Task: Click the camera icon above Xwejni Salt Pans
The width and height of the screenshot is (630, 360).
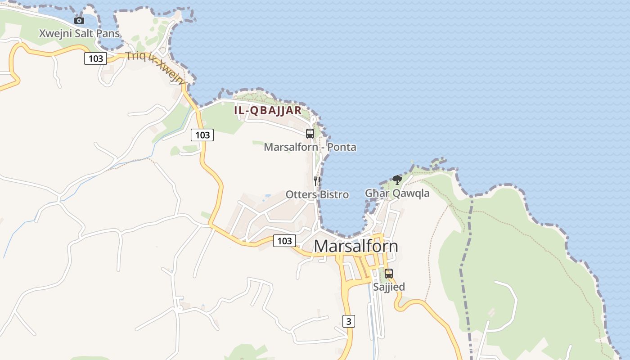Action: pos(79,20)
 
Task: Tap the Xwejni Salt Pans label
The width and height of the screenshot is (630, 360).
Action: pos(79,33)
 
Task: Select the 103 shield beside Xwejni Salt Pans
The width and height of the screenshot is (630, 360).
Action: pos(95,58)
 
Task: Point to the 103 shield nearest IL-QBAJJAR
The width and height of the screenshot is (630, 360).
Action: pos(202,135)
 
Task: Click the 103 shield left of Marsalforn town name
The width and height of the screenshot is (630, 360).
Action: pos(284,241)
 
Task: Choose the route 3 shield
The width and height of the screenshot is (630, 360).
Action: pos(348,321)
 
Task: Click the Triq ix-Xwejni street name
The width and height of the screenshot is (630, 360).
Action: pos(156,67)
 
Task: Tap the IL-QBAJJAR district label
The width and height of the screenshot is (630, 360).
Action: pos(268,111)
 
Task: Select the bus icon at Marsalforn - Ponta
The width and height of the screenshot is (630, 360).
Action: pos(310,134)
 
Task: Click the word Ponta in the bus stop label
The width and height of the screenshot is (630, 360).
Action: pos(342,147)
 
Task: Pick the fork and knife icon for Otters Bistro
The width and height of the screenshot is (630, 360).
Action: pos(317,181)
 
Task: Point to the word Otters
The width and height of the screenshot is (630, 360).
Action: pos(301,194)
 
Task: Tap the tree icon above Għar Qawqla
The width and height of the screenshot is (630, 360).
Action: pos(397,180)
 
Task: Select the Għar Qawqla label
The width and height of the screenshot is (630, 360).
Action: pos(397,193)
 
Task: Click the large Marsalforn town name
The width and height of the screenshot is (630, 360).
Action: pos(355,246)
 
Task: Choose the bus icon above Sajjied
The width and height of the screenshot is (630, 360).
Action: pos(388,273)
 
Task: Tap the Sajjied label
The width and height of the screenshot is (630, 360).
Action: pos(389,287)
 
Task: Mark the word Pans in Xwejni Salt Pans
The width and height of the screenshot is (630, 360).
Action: pos(109,33)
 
